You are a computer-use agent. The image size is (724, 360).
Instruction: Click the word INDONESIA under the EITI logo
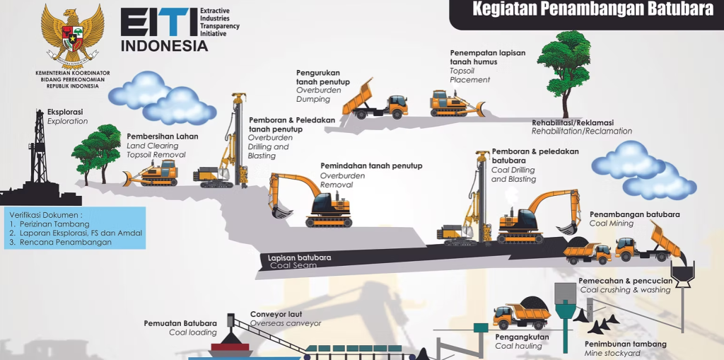point(165,46)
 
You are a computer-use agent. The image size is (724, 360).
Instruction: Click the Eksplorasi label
point(65,112)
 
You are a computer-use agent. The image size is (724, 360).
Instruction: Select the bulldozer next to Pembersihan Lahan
point(151,173)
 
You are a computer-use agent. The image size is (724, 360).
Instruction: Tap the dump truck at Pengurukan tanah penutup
point(374,99)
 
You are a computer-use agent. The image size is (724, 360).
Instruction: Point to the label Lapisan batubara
point(299,257)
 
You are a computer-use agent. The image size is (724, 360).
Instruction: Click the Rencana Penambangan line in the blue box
point(65,242)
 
